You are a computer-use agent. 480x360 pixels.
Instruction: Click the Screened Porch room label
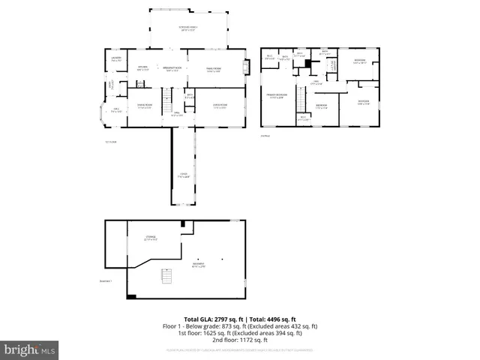tap(187, 28)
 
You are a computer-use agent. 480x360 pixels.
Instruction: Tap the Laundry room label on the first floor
tap(116, 59)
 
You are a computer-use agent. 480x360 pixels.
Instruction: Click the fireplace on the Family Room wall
tap(244, 67)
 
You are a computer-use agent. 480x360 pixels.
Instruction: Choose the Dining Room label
tap(145, 106)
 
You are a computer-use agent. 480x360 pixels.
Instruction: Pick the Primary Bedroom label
tap(277, 96)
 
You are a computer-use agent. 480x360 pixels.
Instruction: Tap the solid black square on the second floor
tap(307, 63)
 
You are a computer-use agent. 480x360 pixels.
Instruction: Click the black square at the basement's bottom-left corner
tap(131, 297)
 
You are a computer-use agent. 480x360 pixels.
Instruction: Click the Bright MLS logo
tap(30, 349)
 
